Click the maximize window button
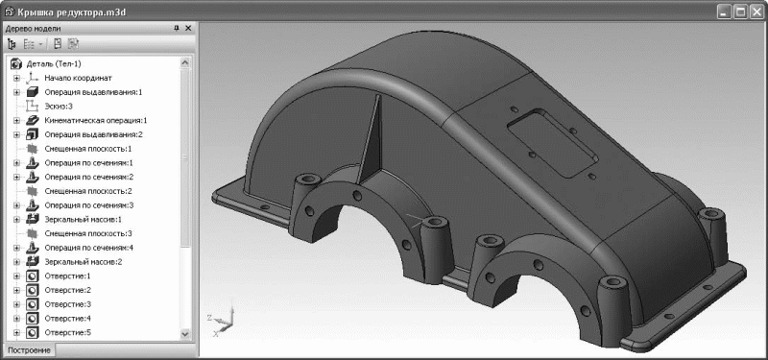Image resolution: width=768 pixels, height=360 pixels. (x=741, y=12)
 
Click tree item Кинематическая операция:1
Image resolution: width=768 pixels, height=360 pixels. (x=95, y=120)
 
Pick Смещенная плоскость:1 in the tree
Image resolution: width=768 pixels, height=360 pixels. (x=88, y=149)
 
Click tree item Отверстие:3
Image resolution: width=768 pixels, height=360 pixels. (x=67, y=304)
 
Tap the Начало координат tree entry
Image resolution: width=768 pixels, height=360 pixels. (x=79, y=78)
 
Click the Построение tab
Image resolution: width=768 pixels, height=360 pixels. (x=29, y=350)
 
